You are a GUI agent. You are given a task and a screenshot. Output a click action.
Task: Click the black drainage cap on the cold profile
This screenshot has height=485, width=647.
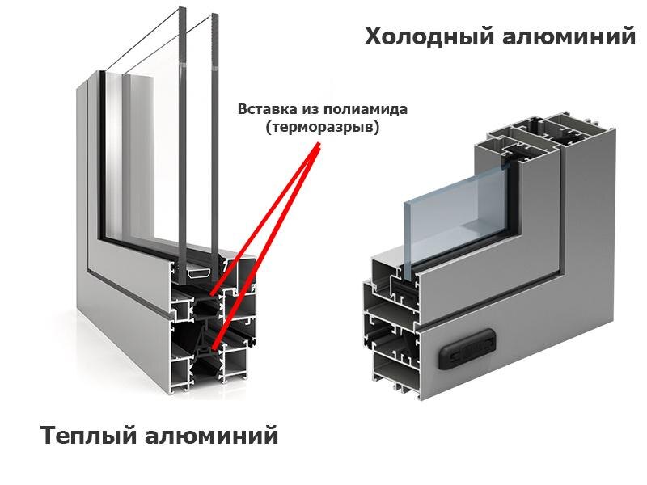464,347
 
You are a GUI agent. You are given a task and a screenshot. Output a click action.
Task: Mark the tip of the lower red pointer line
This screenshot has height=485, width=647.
211,348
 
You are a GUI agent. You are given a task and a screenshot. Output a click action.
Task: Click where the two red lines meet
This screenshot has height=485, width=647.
319,146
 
